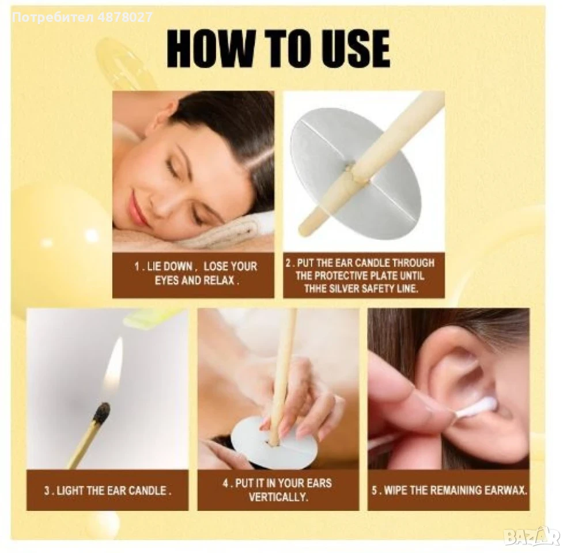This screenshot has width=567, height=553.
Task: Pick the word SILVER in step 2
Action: click(x=338, y=289)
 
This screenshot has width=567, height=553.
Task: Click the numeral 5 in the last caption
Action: click(x=375, y=490)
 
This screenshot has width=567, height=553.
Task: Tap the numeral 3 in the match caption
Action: click(x=47, y=490)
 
